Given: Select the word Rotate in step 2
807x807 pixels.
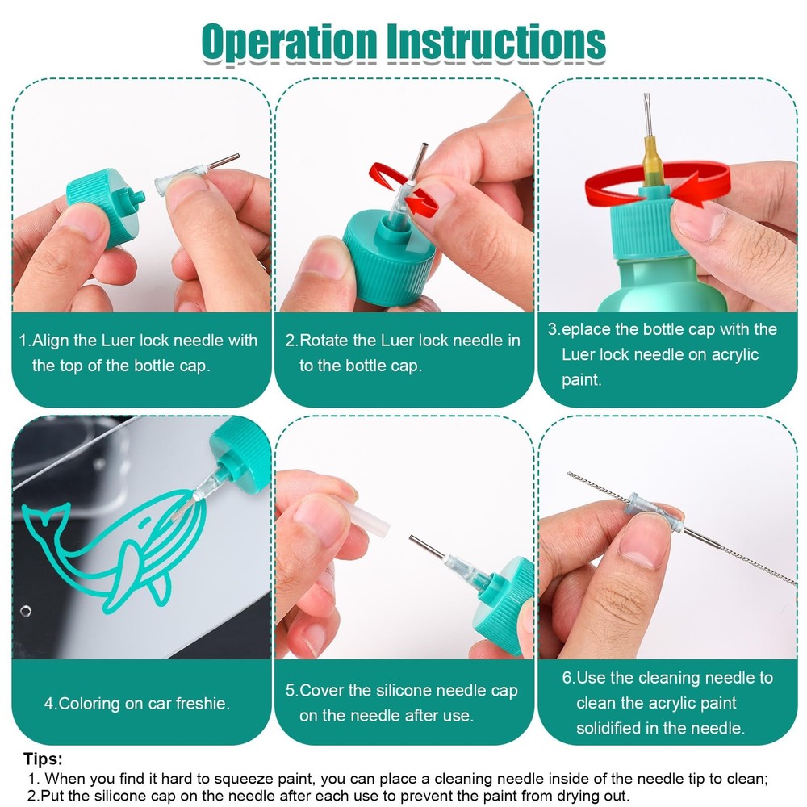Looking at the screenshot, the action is (x=324, y=341).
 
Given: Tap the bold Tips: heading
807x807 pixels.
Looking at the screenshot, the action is (x=44, y=759).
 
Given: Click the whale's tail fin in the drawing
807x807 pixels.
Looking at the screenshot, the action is (x=45, y=517).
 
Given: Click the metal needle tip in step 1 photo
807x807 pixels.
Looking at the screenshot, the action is (x=224, y=161).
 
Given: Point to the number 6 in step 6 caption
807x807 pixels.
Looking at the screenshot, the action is (x=567, y=678).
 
